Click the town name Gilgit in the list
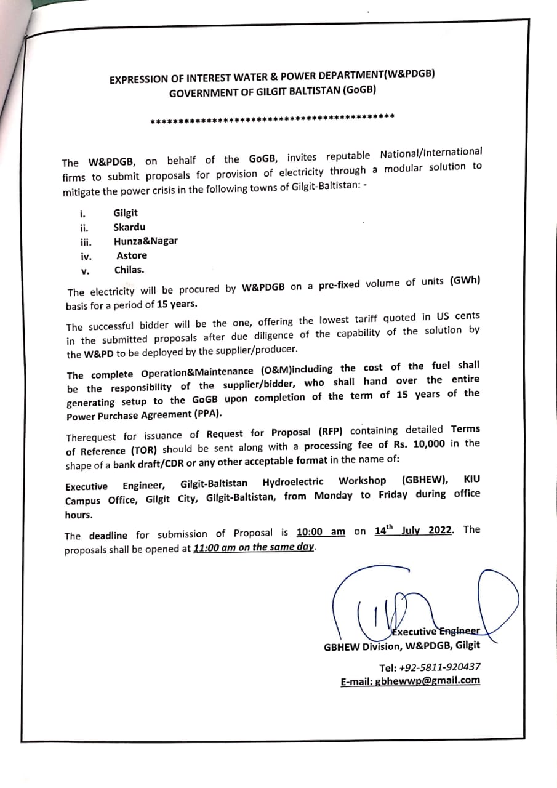point(126,213)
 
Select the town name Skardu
point(129,227)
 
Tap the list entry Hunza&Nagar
point(145,241)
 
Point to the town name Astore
point(132,255)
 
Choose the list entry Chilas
point(130,270)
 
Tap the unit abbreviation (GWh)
point(465,281)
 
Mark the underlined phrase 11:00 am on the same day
point(255,547)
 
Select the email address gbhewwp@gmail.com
point(428,681)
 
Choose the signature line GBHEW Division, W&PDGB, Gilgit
point(402,646)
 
